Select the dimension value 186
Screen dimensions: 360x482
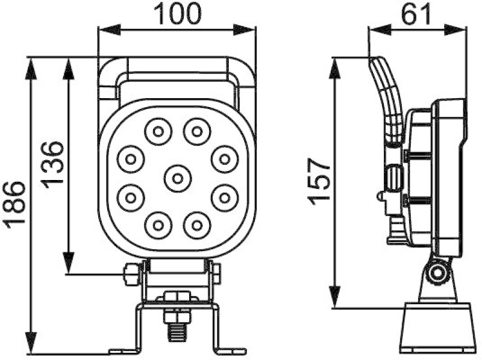(x=15, y=205)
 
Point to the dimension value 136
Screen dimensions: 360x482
(x=52, y=164)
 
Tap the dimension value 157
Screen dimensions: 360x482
(x=319, y=181)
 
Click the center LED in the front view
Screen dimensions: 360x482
(x=177, y=178)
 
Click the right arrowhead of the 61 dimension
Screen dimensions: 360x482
(x=458, y=29)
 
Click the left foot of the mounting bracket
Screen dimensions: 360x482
(x=120, y=350)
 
